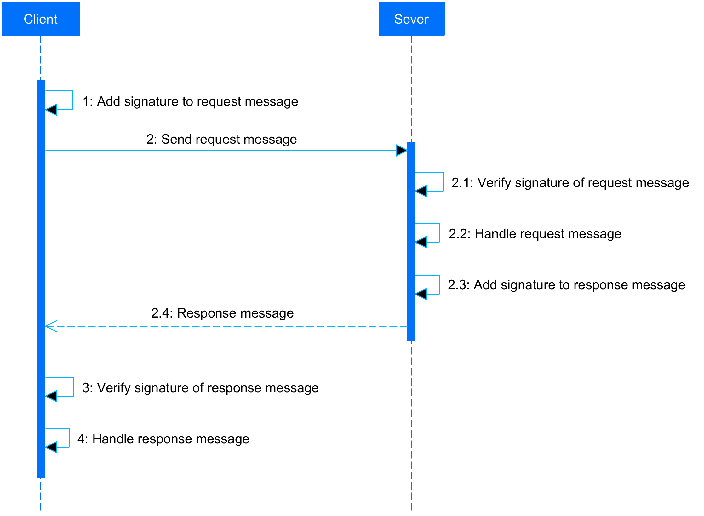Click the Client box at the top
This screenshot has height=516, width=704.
(x=41, y=19)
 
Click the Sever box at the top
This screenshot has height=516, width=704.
(x=411, y=19)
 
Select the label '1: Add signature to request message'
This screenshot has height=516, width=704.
(x=190, y=102)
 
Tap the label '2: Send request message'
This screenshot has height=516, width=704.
(x=221, y=139)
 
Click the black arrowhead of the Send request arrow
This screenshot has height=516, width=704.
(x=401, y=151)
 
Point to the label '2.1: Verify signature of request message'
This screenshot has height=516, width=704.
(x=570, y=183)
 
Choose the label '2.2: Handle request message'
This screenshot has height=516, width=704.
(x=535, y=234)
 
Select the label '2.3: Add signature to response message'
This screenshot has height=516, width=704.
(x=566, y=285)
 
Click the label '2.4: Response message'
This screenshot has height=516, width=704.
(x=222, y=313)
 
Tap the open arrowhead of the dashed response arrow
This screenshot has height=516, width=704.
(x=51, y=326)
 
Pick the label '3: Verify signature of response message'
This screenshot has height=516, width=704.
(x=200, y=388)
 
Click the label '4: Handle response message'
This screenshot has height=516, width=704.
(x=163, y=439)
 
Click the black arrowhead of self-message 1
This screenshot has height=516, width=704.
(x=52, y=110)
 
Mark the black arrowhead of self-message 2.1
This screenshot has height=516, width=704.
(x=421, y=191)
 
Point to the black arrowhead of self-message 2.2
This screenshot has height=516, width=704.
(x=421, y=242)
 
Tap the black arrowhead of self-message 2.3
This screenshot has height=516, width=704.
(x=421, y=294)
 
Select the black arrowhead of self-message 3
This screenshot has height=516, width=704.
(x=52, y=396)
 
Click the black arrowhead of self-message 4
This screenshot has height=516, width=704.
(x=52, y=447)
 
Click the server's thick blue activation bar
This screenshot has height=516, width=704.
(x=411, y=252)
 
